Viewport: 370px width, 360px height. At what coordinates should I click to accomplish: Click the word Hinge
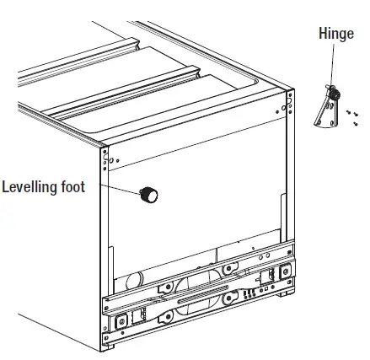point(335,35)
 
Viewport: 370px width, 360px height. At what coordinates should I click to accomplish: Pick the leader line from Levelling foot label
point(126,191)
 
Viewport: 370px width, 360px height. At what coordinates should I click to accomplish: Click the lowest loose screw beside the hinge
point(356,124)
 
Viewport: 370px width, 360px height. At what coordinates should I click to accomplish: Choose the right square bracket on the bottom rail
point(268,277)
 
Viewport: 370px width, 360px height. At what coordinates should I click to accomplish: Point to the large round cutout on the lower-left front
point(131,282)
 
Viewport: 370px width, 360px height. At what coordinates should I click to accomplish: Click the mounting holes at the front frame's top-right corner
point(290,103)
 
